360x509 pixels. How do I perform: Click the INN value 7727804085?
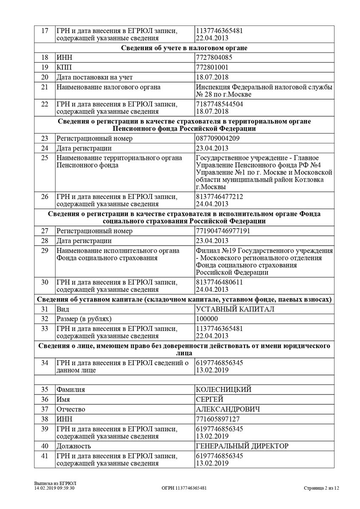coord(214,57)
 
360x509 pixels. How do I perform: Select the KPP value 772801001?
coord(213,67)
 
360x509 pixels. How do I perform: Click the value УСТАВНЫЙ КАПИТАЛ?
coord(235,309)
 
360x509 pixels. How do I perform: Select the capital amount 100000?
coord(207,319)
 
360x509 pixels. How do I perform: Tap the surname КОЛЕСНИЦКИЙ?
coord(224,389)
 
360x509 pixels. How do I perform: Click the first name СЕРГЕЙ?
coord(209,399)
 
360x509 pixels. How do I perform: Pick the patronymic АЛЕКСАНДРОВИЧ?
coord(228,409)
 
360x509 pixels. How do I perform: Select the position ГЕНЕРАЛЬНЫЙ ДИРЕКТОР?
coord(242,446)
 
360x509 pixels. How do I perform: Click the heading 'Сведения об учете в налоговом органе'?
coord(184,48)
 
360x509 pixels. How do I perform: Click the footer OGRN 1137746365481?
coord(184,488)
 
